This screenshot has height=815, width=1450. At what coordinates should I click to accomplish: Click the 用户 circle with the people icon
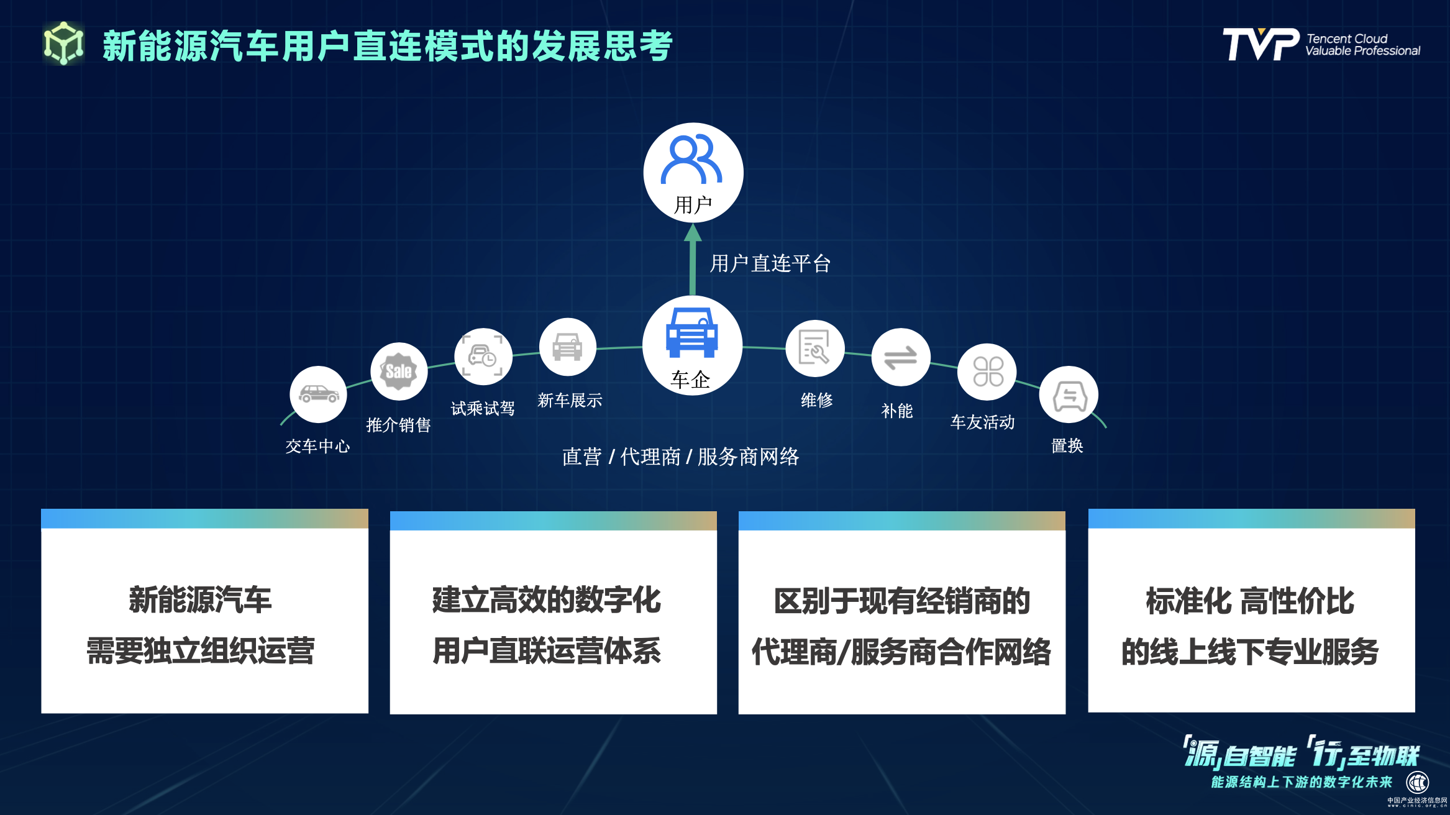click(693, 173)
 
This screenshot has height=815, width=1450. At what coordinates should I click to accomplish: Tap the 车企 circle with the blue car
click(692, 345)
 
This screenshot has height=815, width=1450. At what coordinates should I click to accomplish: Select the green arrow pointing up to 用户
click(693, 260)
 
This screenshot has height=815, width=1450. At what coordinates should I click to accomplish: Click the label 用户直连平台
click(770, 263)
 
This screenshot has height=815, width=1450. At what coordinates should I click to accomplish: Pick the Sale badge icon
click(399, 371)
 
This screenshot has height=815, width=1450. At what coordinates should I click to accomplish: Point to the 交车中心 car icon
click(318, 394)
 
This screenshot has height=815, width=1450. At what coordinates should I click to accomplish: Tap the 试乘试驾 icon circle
click(483, 357)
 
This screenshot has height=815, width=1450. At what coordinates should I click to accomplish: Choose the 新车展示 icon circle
click(568, 347)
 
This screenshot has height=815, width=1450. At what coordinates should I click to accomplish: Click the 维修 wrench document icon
click(814, 348)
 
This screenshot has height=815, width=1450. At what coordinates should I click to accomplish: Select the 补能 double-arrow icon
click(901, 357)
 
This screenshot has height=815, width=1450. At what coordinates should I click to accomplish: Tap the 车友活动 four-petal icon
click(987, 371)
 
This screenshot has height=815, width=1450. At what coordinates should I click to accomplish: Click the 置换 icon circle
click(1069, 395)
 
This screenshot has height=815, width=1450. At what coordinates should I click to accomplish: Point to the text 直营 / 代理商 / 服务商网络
click(680, 457)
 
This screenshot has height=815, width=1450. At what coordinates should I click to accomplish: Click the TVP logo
click(1261, 44)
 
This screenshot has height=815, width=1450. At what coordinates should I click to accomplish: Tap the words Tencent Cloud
click(1347, 39)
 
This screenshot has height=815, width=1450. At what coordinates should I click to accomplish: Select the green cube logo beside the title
click(63, 43)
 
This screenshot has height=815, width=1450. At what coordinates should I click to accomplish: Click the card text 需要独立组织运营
click(201, 651)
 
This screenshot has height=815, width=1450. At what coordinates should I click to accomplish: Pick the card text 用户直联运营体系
click(547, 651)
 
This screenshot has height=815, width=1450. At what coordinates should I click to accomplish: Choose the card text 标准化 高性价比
click(1250, 601)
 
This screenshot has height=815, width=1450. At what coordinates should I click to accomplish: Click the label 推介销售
click(398, 425)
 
